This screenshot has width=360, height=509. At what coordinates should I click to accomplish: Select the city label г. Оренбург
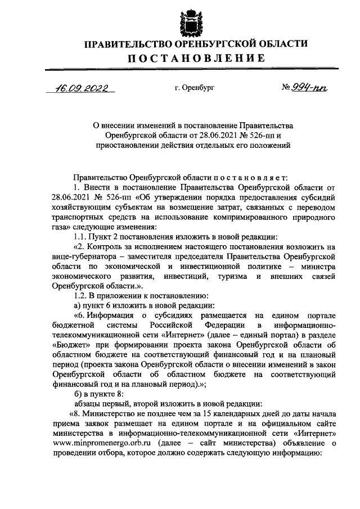tap(194, 88)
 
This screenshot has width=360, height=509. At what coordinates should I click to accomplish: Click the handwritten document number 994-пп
tap(308, 88)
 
